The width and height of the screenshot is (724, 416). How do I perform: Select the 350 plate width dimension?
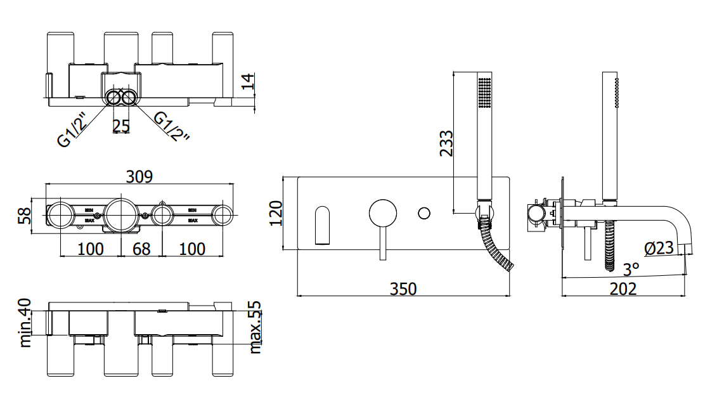[x=403, y=289]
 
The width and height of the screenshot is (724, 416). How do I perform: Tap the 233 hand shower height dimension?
[x=446, y=143]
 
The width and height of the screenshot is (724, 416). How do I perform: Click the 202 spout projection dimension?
[x=623, y=289]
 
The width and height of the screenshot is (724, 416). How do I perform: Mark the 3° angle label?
[x=631, y=270]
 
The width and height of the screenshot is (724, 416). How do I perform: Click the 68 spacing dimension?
[x=141, y=249]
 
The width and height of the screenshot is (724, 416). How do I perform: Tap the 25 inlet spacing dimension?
[x=121, y=126]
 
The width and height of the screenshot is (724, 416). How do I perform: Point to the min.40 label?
[x=25, y=323]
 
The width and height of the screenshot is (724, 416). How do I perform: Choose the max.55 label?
[x=255, y=327]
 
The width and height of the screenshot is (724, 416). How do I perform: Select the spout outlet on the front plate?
[x=323, y=224]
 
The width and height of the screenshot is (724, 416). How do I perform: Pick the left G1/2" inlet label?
[x=75, y=129]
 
